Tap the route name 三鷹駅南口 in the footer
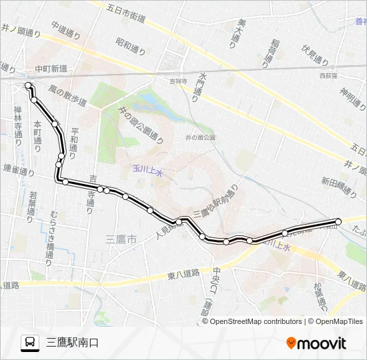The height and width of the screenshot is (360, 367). [73, 343]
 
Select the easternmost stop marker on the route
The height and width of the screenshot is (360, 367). [338, 221]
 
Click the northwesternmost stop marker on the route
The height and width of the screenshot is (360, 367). [28, 85]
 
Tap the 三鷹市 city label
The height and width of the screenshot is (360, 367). [121, 238]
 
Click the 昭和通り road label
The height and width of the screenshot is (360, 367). [130, 46]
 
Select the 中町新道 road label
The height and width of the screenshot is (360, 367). [51, 68]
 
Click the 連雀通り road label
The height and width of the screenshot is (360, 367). [18, 171]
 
